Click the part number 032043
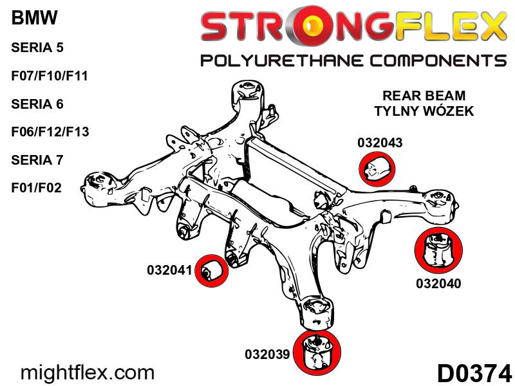pos(380,143)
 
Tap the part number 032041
pos(170,271)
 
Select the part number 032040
pos(439,282)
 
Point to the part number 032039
pos(268,354)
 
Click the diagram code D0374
pos(474,373)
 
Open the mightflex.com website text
pos(88,372)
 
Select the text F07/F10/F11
pos(50,76)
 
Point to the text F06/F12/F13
pos(50,132)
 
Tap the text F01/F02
pos(36,188)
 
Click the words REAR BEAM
pos(424,96)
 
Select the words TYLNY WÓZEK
pos(424,112)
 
